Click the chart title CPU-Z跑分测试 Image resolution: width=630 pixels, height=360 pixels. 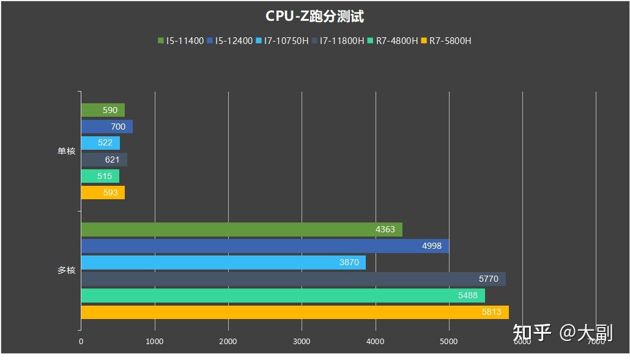(x=314, y=16)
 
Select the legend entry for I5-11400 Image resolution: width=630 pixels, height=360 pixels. (x=180, y=41)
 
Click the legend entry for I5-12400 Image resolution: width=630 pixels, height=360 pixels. (x=230, y=41)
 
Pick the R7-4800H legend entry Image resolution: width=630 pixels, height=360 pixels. (x=393, y=41)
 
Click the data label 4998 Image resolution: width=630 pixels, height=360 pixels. (x=432, y=246)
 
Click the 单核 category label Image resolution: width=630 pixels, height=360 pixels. (x=66, y=151)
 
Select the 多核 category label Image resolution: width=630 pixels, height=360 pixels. (x=66, y=270)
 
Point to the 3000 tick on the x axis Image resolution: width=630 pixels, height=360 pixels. (x=302, y=342)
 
